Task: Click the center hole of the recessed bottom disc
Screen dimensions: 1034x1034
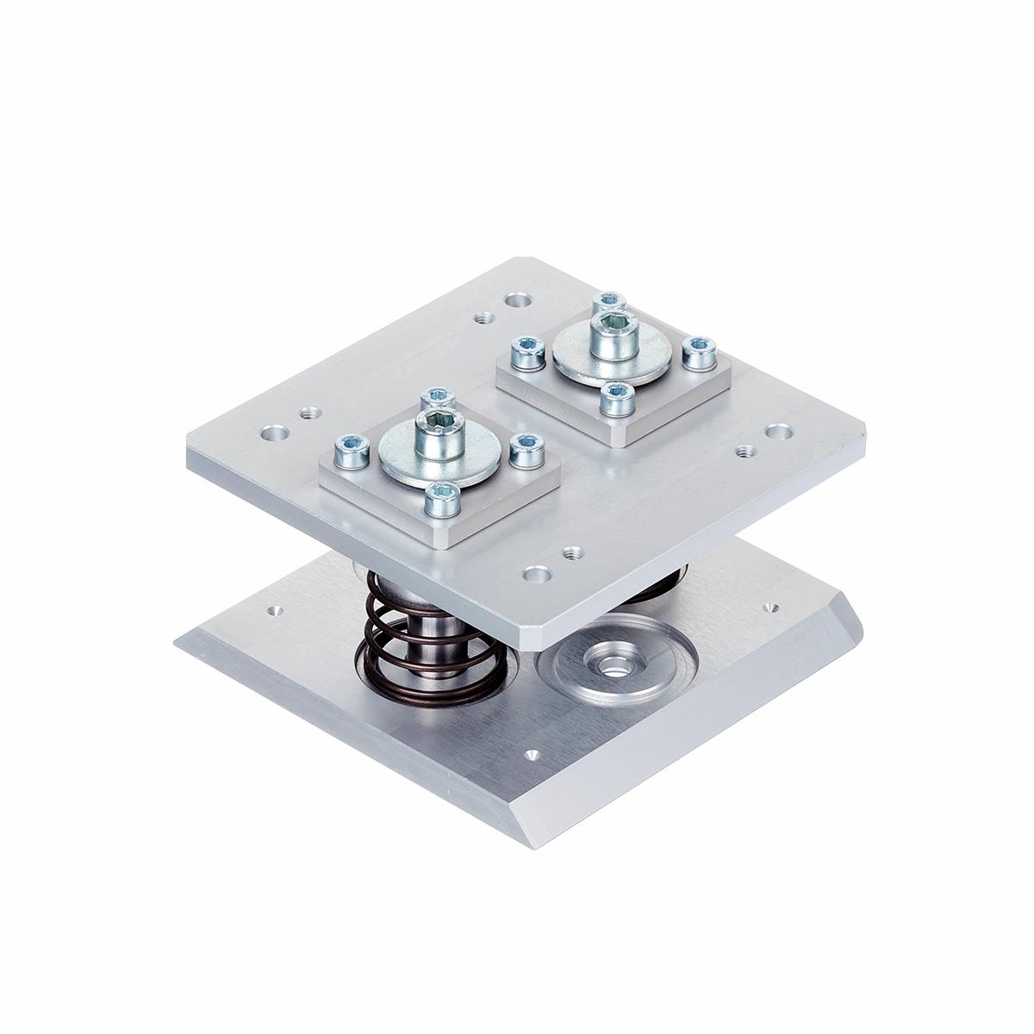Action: point(613,664)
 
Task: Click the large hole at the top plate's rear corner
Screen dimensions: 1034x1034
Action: point(517,302)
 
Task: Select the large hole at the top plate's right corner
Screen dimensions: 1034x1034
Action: point(778,429)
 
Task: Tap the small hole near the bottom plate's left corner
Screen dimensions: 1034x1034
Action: point(275,611)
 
